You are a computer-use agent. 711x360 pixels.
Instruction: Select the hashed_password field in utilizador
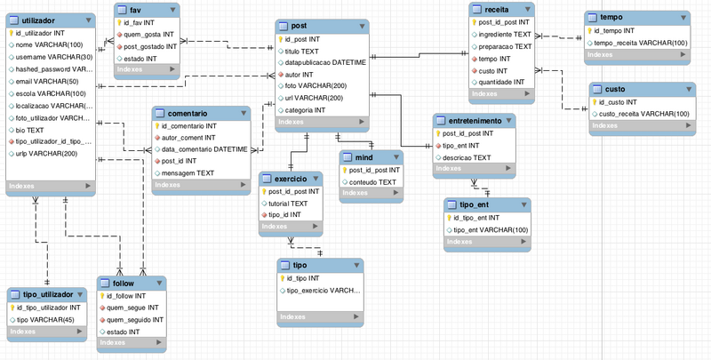coord(53,68)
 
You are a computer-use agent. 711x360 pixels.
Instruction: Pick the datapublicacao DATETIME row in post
coord(325,64)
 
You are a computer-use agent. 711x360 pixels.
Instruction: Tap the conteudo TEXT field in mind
coord(374,182)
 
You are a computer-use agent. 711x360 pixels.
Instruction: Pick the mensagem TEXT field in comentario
coord(189,172)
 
